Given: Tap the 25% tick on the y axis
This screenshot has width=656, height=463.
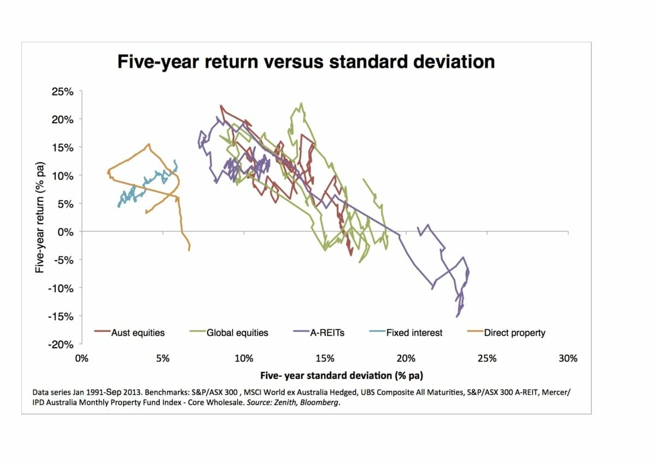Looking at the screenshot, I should click(x=62, y=91).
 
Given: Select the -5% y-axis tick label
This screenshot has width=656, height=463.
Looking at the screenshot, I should click(x=64, y=259).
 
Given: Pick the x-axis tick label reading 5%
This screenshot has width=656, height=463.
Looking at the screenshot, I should click(x=162, y=358).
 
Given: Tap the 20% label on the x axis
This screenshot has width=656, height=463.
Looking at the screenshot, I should click(x=406, y=358).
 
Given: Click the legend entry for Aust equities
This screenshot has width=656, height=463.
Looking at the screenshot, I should click(x=137, y=333).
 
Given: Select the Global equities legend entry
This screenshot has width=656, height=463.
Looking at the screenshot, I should click(x=237, y=333).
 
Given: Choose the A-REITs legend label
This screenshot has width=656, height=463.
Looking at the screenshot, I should click(x=327, y=333).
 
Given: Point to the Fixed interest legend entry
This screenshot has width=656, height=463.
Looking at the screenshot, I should click(x=414, y=333).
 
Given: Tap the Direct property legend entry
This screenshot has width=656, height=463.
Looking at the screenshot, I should click(x=514, y=333).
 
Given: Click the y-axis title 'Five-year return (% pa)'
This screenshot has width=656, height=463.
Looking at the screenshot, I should click(x=39, y=218).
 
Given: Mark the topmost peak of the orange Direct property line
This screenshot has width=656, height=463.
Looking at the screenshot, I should click(x=149, y=144).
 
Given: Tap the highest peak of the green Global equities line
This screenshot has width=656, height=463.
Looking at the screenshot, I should click(x=301, y=103).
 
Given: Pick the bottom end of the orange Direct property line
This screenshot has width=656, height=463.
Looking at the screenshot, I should click(x=189, y=250).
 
